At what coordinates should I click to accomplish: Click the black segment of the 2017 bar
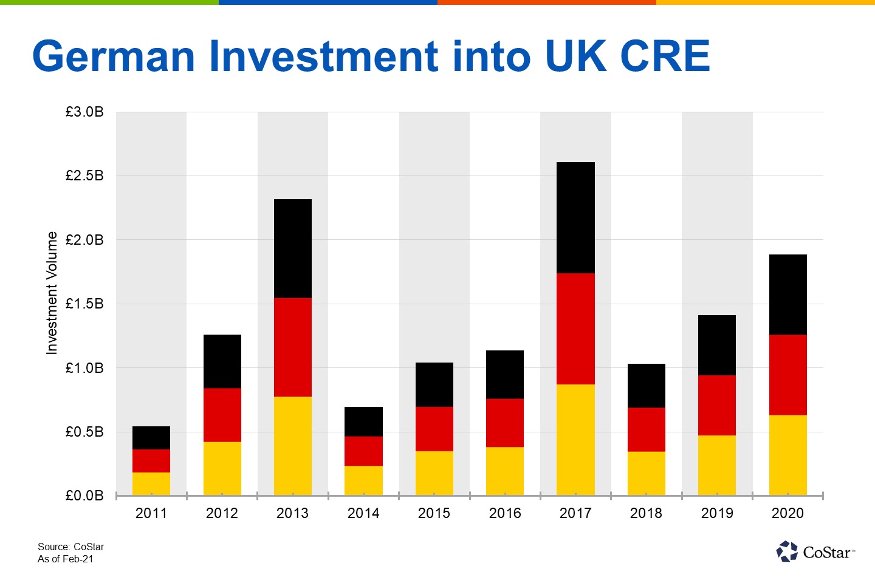(x=575, y=217)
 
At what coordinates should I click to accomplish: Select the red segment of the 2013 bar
(x=293, y=347)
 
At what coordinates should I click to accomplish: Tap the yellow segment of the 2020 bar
(x=787, y=455)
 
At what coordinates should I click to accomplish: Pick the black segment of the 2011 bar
(x=151, y=438)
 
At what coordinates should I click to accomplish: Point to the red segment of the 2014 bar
(x=363, y=451)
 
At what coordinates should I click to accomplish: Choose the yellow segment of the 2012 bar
(x=222, y=468)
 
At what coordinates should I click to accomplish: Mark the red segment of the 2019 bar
(x=717, y=405)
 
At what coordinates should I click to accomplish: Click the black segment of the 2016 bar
(x=505, y=374)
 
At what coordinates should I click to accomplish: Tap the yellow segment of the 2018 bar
(x=646, y=473)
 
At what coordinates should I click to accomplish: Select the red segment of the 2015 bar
(x=434, y=429)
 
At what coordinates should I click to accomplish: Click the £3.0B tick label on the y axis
(x=84, y=112)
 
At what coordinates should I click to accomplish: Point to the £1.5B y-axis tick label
(x=84, y=304)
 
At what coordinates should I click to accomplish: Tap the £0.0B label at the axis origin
(x=84, y=496)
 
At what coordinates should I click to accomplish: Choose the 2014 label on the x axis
(x=363, y=513)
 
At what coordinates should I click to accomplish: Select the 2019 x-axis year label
(x=717, y=513)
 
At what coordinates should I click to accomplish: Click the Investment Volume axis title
(x=52, y=293)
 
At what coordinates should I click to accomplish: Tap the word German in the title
(x=114, y=56)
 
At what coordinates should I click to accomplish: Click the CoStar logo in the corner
(x=815, y=551)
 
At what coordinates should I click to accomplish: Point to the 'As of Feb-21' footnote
(x=66, y=559)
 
